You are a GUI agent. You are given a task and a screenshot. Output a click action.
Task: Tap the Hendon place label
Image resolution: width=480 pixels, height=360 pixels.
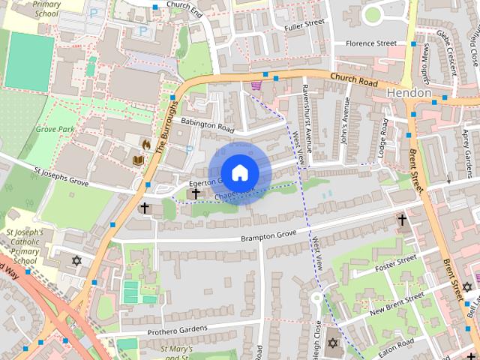point(409,92)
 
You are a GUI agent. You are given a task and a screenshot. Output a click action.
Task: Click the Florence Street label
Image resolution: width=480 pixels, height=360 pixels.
point(371,43)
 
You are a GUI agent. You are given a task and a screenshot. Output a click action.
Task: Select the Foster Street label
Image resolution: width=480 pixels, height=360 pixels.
point(395,262)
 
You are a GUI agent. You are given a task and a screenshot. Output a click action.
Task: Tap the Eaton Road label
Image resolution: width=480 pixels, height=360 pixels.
point(395,345)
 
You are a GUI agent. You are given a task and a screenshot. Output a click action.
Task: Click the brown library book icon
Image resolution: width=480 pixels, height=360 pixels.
point(138,160)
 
